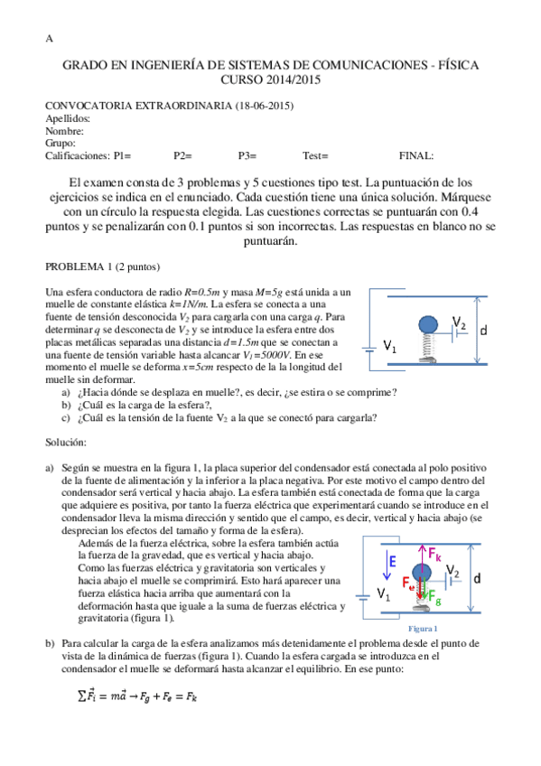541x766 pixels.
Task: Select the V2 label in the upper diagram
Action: point(459,323)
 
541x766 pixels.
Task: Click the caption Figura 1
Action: point(423,628)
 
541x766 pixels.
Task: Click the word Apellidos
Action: point(68,118)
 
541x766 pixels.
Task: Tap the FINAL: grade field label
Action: point(415,155)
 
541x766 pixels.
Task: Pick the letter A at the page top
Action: point(49,39)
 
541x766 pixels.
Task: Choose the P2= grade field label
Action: point(183,155)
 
